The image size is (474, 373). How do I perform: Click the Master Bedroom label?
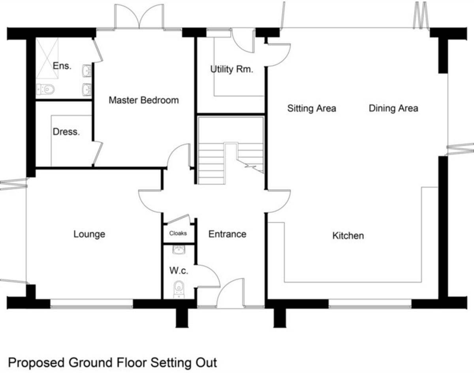(x=143, y=100)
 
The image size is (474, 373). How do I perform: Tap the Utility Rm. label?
(x=231, y=70)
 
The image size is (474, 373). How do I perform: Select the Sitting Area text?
(x=312, y=108)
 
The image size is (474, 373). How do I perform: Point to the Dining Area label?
(x=393, y=108)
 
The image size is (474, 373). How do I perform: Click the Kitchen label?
(x=348, y=236)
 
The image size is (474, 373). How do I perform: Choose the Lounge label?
(x=89, y=234)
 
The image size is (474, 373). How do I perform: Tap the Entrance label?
(x=227, y=234)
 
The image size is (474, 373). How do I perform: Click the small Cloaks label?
(x=178, y=234)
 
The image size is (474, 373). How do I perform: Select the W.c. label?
(x=179, y=271)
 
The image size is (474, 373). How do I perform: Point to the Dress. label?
(x=66, y=132)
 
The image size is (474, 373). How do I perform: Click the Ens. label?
(x=62, y=66)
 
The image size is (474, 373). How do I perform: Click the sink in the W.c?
(x=179, y=250)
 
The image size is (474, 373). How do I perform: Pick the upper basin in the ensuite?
(x=87, y=71)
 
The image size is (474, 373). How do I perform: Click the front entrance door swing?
(x=231, y=292)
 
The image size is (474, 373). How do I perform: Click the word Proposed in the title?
(x=36, y=362)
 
